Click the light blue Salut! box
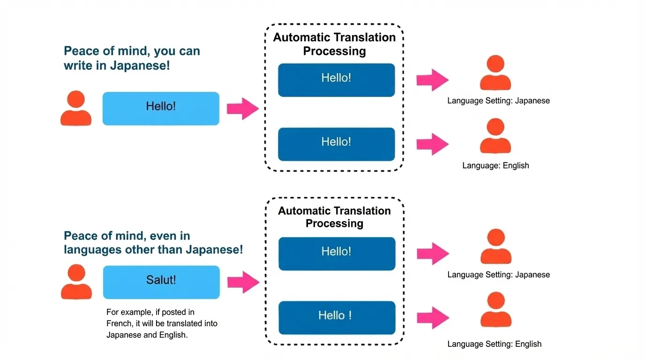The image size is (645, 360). [x=161, y=282]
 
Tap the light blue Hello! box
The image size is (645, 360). [x=161, y=108]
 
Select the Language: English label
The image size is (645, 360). [x=495, y=165]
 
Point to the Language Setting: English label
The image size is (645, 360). [x=495, y=344]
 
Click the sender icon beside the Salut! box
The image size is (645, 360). [x=76, y=282]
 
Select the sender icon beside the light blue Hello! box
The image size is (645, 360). [x=76, y=108]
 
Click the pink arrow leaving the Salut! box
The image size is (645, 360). [x=243, y=282]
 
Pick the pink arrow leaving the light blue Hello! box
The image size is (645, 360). [x=243, y=109]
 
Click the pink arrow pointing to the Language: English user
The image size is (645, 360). [x=433, y=144]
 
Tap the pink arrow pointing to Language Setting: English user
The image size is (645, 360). [x=433, y=317]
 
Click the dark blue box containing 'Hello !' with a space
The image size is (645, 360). [x=337, y=317]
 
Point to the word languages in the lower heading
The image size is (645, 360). [x=93, y=250]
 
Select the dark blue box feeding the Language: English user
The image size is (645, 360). [x=337, y=144]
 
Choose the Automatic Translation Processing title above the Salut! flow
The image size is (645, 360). [x=334, y=217]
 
